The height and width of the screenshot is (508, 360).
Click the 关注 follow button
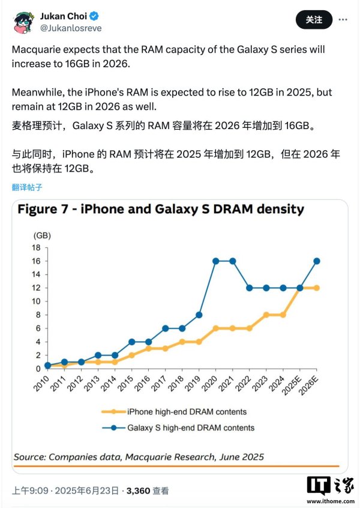click(314, 20)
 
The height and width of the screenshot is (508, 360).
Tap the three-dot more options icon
click(343, 20)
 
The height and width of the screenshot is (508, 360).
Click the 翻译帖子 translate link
click(27, 187)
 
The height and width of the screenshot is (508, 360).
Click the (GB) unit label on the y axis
click(42, 235)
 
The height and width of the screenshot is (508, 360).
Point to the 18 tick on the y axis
click(36, 247)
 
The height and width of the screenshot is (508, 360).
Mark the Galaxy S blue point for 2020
click(215, 261)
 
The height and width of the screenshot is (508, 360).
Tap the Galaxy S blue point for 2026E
click(316, 261)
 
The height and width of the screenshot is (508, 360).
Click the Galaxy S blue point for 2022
click(249, 288)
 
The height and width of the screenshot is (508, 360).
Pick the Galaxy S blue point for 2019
click(199, 315)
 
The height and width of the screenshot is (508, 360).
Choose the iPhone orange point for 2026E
click(316, 288)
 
